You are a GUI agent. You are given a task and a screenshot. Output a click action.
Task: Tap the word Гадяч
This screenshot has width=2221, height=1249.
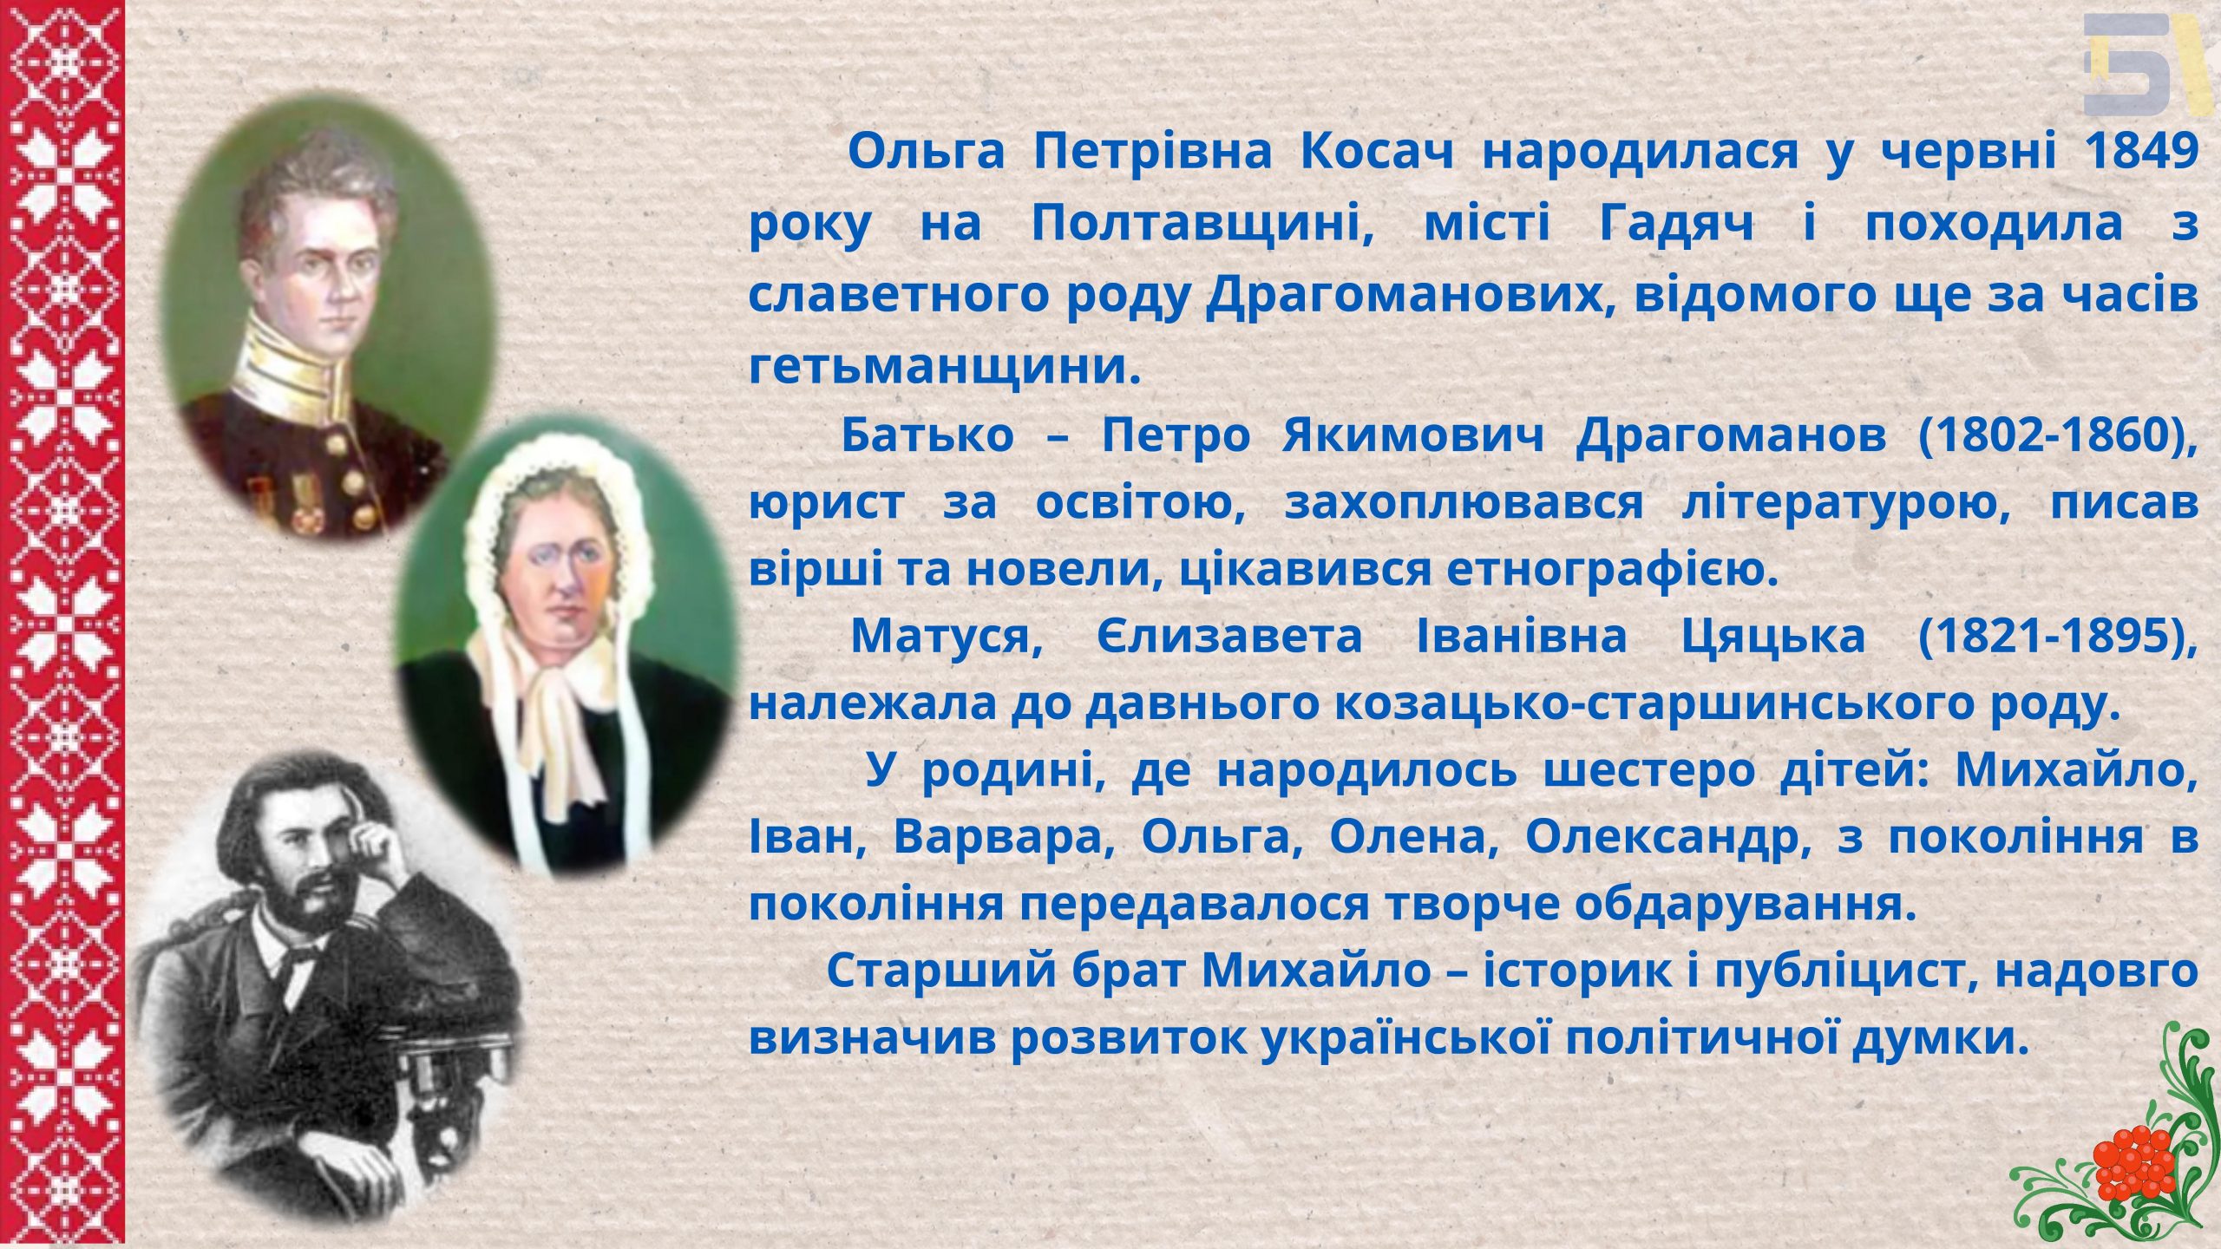(1677, 224)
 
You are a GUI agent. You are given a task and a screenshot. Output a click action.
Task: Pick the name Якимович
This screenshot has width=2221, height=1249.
(1413, 435)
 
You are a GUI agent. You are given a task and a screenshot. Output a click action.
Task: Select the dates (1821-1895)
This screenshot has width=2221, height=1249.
(2058, 638)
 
